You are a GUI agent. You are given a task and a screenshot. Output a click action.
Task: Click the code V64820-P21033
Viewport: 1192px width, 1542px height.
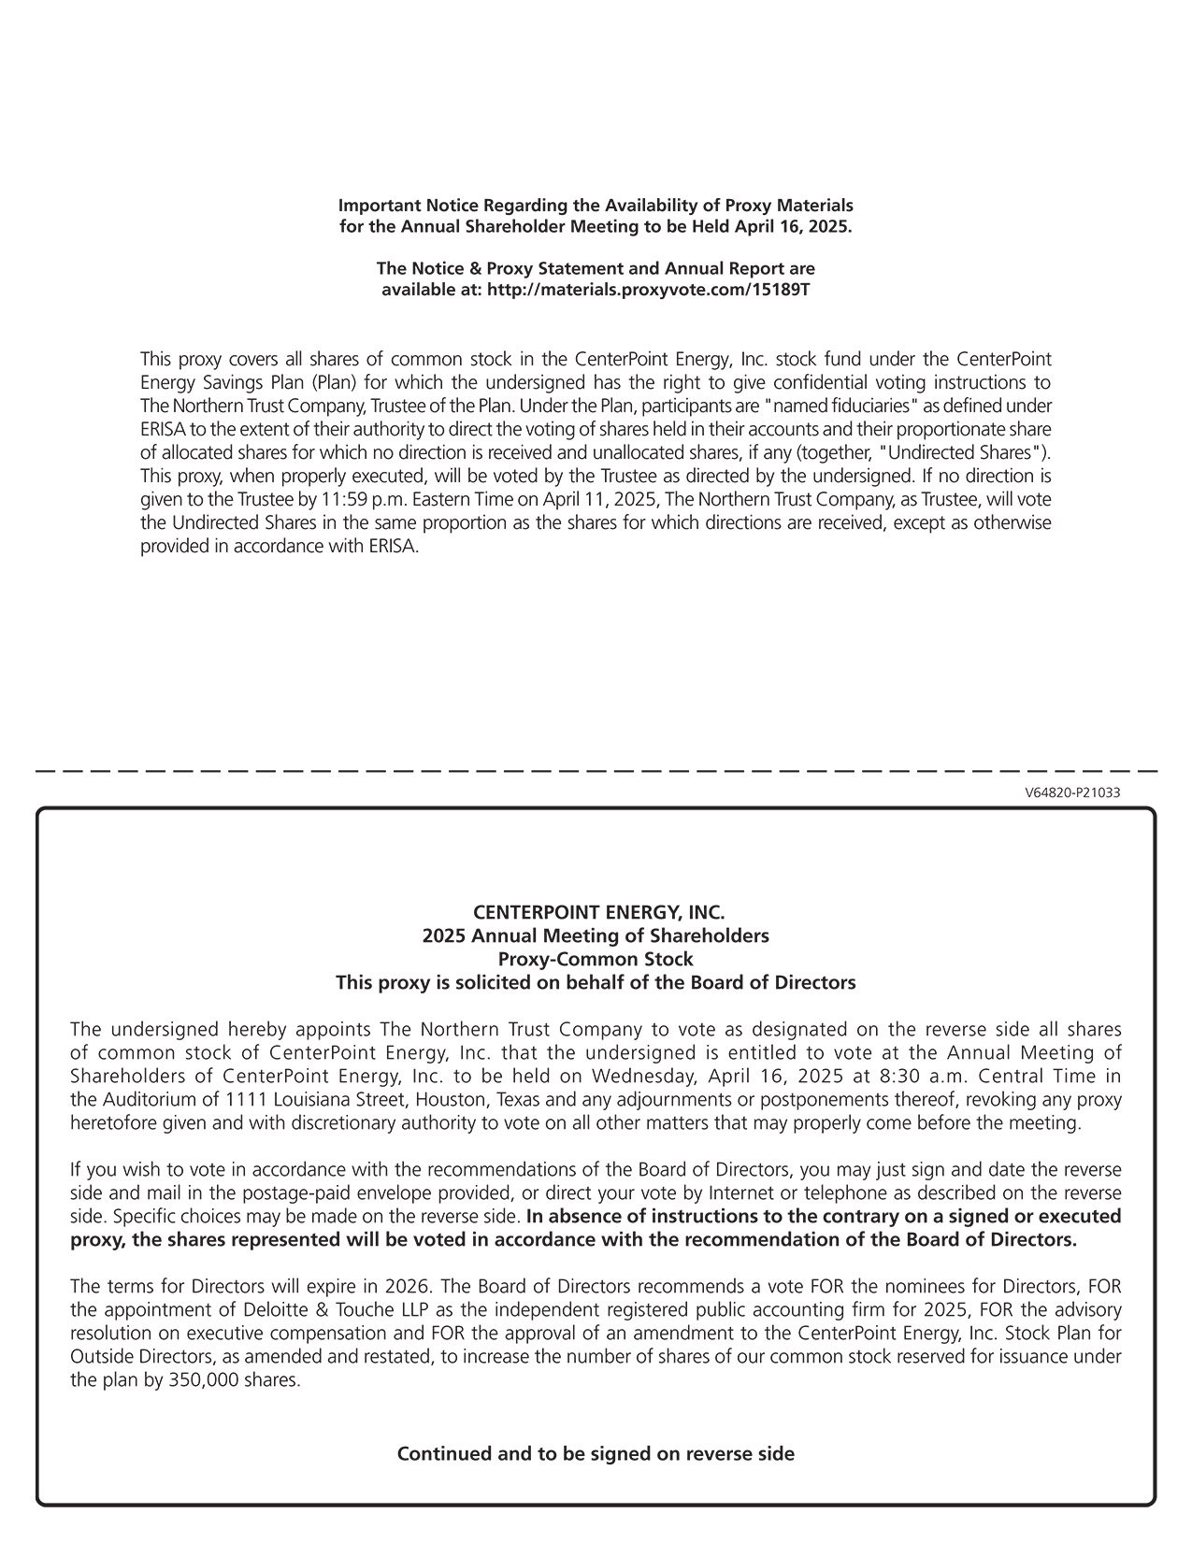coord(1072,793)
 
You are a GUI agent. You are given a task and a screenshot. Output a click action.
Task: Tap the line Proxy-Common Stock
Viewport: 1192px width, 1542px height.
coord(596,959)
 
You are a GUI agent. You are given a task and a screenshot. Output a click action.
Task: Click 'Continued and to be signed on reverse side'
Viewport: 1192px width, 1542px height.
coord(596,1454)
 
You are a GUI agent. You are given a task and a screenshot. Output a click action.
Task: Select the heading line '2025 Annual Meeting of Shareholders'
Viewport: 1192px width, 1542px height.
coord(596,935)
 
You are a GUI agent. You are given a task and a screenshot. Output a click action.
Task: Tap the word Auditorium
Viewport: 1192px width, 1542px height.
coord(147,1099)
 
